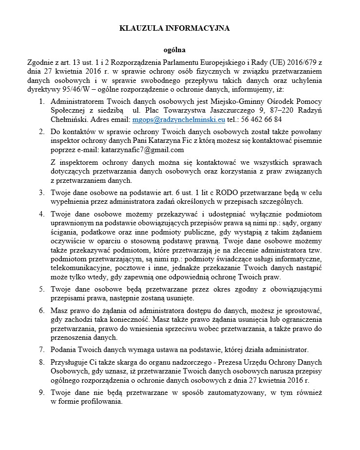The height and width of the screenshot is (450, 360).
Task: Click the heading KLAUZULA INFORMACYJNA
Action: tap(174, 28)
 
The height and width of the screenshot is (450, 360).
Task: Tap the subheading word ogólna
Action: tap(174, 50)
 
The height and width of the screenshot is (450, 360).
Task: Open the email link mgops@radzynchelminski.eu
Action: tap(179, 119)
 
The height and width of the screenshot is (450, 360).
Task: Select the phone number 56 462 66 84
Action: tap(263, 119)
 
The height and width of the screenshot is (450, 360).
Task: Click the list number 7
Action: tap(41, 350)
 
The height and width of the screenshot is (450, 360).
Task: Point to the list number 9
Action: tap(41, 392)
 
